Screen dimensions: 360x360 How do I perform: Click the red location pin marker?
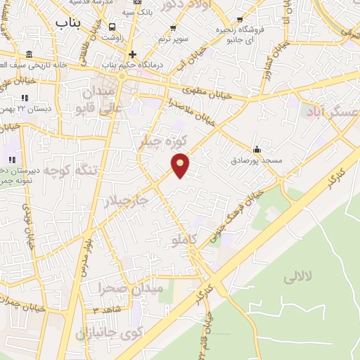pyautogui.click(x=181, y=165)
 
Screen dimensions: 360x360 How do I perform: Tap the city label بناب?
pyautogui.click(x=68, y=22)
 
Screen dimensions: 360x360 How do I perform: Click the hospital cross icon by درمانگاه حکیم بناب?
pyautogui.click(x=131, y=54)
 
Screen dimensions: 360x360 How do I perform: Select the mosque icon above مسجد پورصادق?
pyautogui.click(x=257, y=149)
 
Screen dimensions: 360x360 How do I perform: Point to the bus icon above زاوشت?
pyautogui.click(x=112, y=27)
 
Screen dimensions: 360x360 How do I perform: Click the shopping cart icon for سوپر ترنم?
pyautogui.click(x=173, y=29)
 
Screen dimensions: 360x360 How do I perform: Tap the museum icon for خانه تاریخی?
pyautogui.click(x=28, y=55)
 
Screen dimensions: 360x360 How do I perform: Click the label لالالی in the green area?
pyautogui.click(x=297, y=278)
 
